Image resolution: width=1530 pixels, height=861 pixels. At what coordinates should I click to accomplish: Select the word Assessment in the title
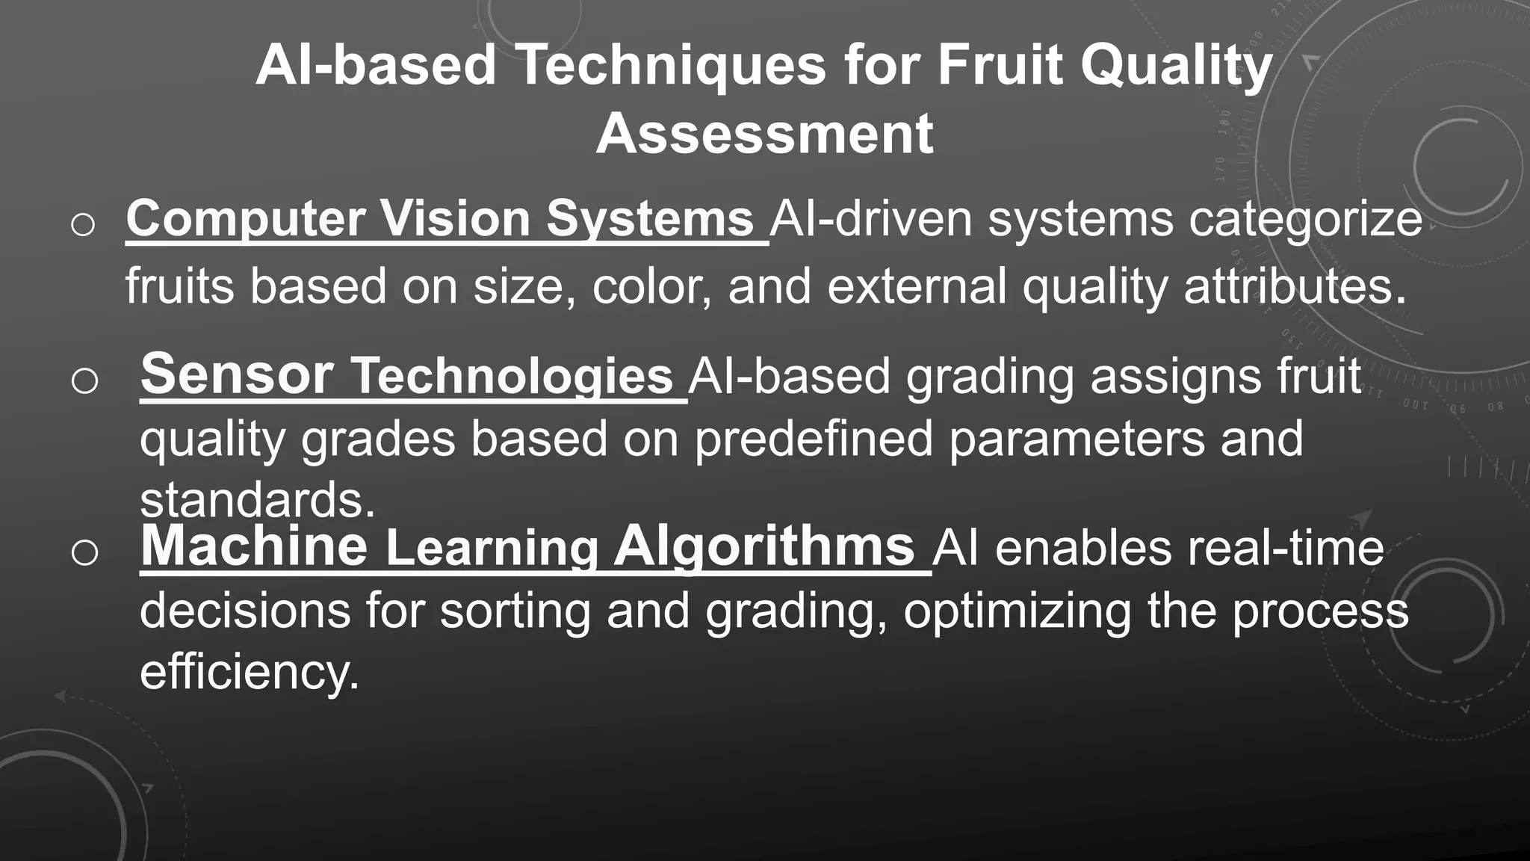(764, 135)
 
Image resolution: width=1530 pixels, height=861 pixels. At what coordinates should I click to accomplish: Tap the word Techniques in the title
(670, 66)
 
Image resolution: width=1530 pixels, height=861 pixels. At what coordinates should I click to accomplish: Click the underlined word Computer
(245, 219)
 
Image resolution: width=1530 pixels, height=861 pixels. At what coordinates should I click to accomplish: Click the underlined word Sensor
(237, 374)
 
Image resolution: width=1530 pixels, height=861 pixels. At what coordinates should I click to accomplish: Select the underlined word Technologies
(512, 376)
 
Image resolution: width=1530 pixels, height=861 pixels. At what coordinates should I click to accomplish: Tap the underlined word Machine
(254, 546)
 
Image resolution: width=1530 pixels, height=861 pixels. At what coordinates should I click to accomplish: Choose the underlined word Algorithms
(764, 546)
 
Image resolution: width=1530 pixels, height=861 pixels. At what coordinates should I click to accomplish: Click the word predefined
(814, 439)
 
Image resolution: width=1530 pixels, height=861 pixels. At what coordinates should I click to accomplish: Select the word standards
(257, 501)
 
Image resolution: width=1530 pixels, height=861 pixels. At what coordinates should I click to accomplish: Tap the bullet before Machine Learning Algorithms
(84, 553)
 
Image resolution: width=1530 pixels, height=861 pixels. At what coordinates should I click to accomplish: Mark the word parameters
(1077, 439)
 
